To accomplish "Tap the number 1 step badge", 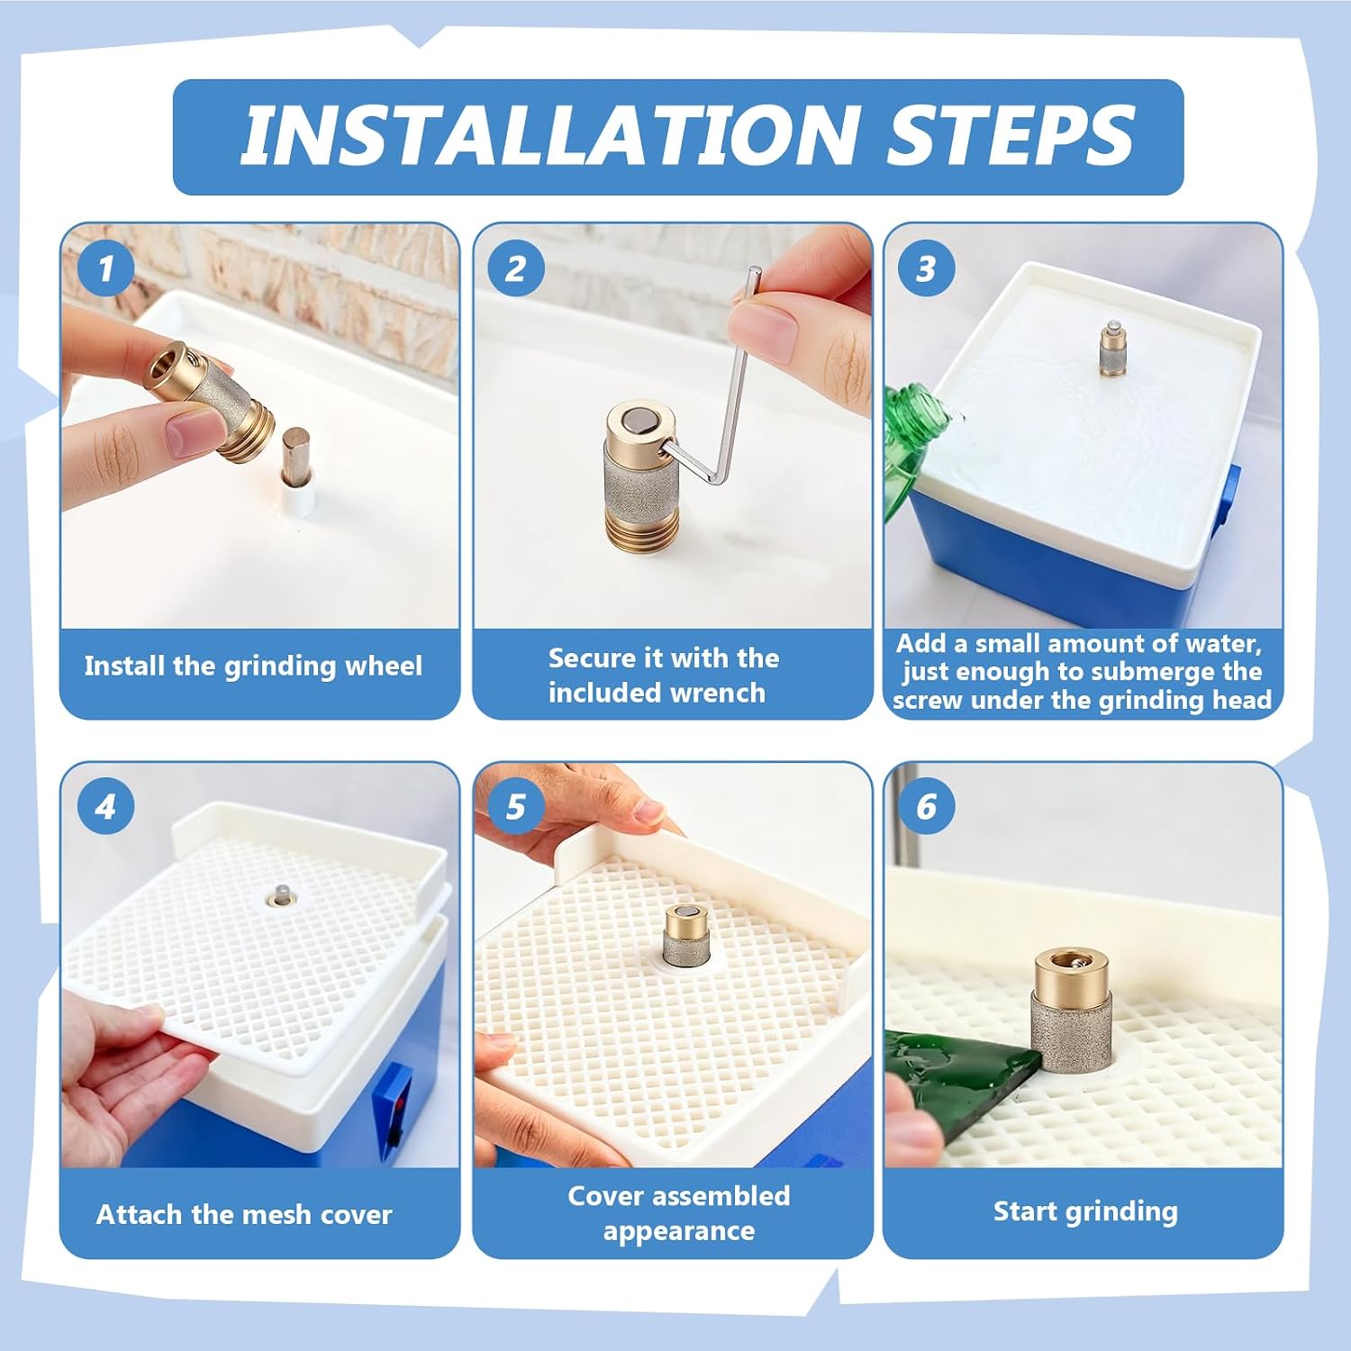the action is point(105,267).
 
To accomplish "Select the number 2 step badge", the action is point(516,267).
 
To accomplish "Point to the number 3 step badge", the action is point(927,267).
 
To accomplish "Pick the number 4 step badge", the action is point(105,806).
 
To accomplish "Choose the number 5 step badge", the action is point(516,806).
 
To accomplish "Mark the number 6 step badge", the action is point(927,806).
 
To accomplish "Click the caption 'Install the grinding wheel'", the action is point(253,667).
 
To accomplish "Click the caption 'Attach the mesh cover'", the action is point(244,1214).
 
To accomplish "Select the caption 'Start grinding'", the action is point(1085,1212).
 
